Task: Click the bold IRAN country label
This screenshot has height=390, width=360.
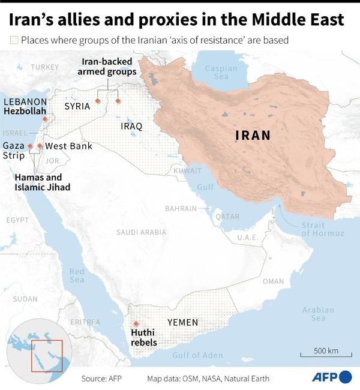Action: coord(253,136)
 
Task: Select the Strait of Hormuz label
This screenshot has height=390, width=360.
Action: coord(323,229)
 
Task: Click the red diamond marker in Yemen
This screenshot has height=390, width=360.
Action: coord(136,324)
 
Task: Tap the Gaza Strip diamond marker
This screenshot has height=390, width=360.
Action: coord(29,146)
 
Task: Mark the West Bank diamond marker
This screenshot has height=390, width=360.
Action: coord(40,146)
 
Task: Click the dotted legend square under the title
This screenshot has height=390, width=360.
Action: coord(14,41)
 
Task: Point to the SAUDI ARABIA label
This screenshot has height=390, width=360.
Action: coord(141,232)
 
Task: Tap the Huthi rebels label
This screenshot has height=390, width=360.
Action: coord(144,338)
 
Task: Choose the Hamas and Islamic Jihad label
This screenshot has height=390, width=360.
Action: coord(42,182)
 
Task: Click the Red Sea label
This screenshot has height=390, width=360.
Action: coord(77,275)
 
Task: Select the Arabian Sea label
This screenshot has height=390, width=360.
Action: coord(318,314)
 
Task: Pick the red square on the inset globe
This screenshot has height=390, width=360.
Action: coord(47,355)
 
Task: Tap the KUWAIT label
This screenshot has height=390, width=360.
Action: coord(187,170)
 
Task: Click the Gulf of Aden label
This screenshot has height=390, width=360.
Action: coord(197,355)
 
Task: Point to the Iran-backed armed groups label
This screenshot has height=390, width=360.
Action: coord(107,67)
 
